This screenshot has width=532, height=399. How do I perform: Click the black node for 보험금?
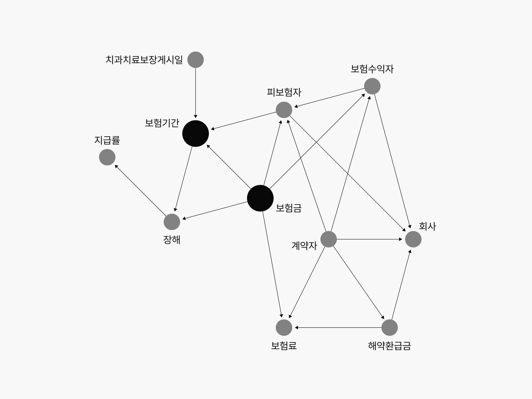pos(260,198)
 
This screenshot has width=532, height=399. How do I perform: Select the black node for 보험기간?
pos(196,133)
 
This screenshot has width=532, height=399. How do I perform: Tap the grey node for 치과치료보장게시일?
pos(196,60)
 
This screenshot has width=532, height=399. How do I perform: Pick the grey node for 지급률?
pos(107,157)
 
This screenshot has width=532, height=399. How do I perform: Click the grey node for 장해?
pos(172,222)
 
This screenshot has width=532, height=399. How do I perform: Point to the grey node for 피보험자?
pos(284,110)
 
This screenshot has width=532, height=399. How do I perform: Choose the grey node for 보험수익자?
pos(372,86)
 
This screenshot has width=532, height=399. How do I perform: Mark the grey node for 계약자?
pos(329,239)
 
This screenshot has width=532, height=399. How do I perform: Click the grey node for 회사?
pos(413,239)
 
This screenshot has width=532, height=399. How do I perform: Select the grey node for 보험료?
pos(284,328)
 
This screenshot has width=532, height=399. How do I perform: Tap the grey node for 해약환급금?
pos(390,328)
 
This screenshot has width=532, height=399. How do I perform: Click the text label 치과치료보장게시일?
pos(144,60)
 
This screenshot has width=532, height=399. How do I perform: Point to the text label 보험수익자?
pos(372,69)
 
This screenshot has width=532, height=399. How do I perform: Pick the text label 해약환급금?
pos(390,346)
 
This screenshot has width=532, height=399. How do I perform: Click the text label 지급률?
pos(107,140)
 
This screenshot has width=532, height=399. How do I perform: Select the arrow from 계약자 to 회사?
pos(369,239)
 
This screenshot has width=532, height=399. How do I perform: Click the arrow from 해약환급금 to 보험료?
pos(337,328)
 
